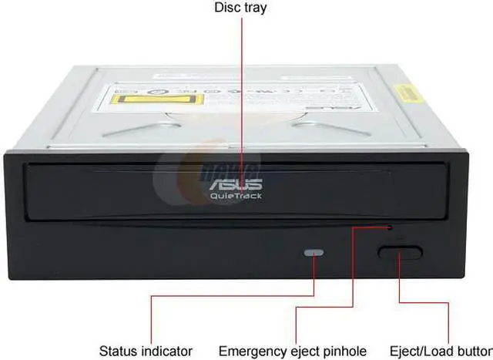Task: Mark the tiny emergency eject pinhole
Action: tap(389, 227)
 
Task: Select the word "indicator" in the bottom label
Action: tap(166, 351)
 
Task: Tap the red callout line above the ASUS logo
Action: tap(243, 93)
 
